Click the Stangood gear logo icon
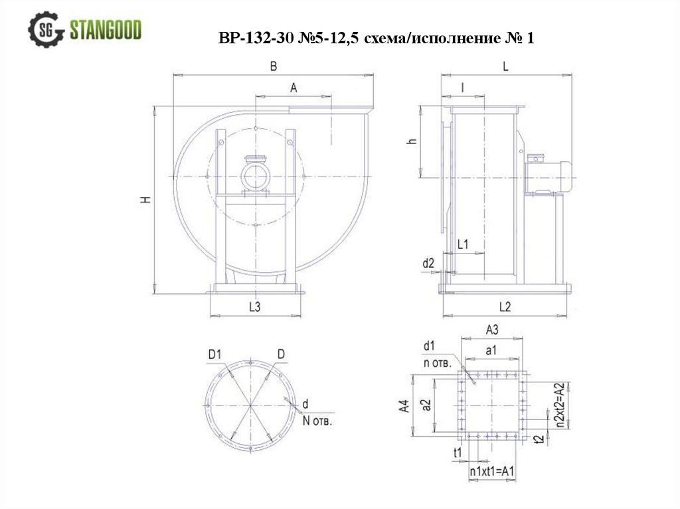pos(46,29)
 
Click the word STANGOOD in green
pos(106,30)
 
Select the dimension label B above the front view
pos(273,66)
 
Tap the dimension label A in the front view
pos(294,88)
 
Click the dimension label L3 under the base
pos(254,307)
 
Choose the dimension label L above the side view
pos(505,66)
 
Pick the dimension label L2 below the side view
pos(505,307)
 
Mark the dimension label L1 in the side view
pos(463,244)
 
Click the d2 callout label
pos(428,263)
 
